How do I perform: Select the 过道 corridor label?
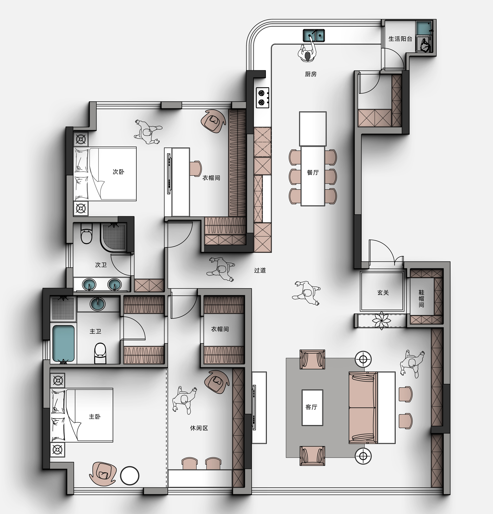tap(260, 270)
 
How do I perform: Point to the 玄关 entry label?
tap(383, 293)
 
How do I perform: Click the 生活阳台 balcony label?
tap(400, 39)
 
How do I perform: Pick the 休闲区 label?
tap(199, 428)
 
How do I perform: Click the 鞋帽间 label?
tap(421, 299)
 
